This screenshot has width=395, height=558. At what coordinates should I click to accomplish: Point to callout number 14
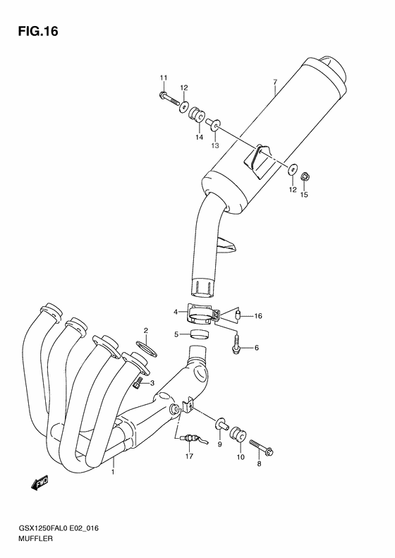pyautogui.click(x=200, y=137)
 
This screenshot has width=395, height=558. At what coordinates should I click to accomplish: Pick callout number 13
pyautogui.click(x=215, y=145)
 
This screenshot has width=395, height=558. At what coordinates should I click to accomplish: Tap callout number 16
pyautogui.click(x=258, y=316)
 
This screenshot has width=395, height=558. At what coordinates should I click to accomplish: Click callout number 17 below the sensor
pyautogui.click(x=189, y=456)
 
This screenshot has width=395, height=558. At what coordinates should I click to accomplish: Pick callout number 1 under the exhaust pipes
pyautogui.click(x=112, y=472)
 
